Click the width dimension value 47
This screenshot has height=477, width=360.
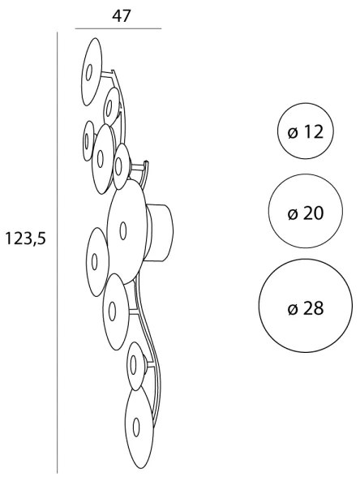[122, 16]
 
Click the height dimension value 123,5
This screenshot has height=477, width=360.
[26, 238]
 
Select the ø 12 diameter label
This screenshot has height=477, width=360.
[305, 132]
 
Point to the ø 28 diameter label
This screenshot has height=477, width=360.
[305, 309]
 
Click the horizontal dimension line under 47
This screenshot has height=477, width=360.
[118, 29]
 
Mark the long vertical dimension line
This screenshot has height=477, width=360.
[57, 252]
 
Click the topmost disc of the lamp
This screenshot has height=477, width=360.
[92, 71]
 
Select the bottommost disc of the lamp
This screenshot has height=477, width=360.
[139, 428]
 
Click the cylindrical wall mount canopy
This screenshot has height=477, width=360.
[159, 233]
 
